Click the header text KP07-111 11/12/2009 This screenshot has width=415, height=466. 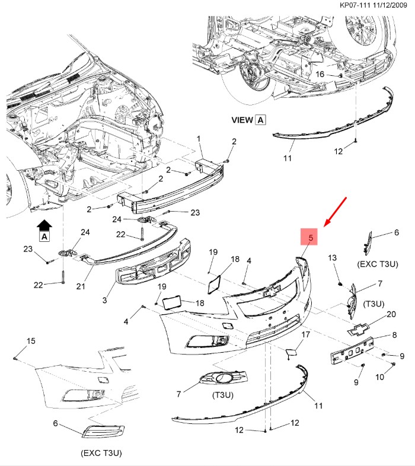pyautogui.click(x=375, y=5)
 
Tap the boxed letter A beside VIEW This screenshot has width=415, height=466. pyautogui.click(x=261, y=119)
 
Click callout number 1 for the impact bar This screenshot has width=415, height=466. pyautogui.click(x=199, y=139)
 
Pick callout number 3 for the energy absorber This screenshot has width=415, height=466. pyautogui.click(x=104, y=301)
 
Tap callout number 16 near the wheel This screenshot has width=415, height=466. pyautogui.click(x=320, y=75)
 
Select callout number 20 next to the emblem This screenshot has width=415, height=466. pyautogui.click(x=391, y=314)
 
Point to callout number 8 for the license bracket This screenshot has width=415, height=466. pyautogui.click(x=394, y=336)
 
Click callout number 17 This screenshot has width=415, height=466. pyautogui.click(x=306, y=335)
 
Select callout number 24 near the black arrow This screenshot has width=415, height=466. pyautogui.click(x=85, y=232)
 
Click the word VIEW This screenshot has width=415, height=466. pyautogui.click(x=242, y=119)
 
